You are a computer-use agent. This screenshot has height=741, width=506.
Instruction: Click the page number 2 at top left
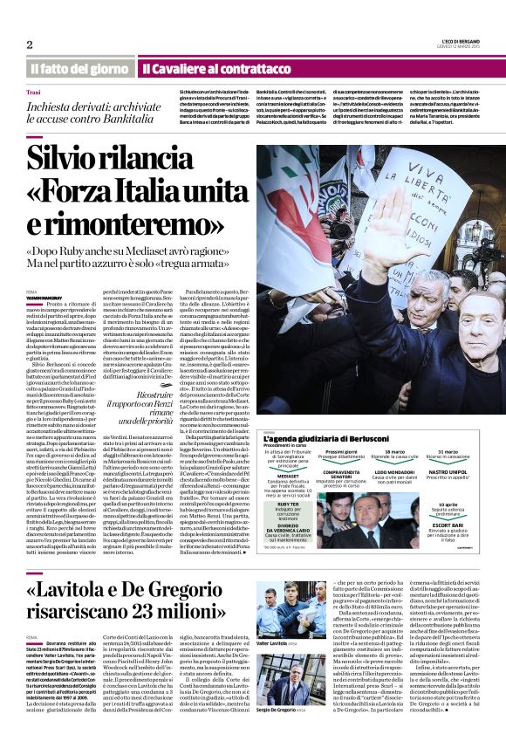(x=30, y=45)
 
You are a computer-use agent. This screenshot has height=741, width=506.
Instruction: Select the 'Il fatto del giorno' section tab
(x=79, y=68)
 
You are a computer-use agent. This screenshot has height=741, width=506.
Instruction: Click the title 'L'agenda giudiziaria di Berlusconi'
(x=327, y=438)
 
